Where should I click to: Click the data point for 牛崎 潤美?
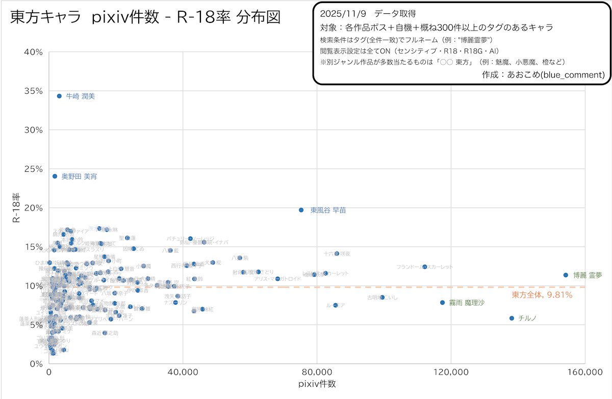tap(59, 96)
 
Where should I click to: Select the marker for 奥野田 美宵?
tap(55, 176)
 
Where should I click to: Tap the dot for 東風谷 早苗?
tap(301, 210)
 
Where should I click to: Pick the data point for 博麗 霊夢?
tap(566, 275)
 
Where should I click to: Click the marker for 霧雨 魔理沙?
tap(443, 303)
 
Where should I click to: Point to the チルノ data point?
tap(512, 318)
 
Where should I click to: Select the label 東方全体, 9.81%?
tap(542, 295)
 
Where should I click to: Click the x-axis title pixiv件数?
tap(317, 385)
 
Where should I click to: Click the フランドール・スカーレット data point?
tap(424, 267)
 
